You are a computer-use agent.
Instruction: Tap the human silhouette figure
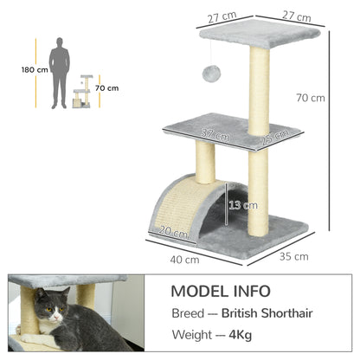coord(59,73)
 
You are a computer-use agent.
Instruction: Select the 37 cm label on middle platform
coord(215,135)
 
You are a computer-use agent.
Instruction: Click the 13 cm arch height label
coord(243,205)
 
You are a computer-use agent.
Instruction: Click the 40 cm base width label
coord(185,260)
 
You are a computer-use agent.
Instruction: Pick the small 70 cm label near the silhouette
coord(107,87)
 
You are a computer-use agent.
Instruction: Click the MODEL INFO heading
coord(220,291)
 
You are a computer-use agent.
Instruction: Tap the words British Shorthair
coord(267,314)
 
